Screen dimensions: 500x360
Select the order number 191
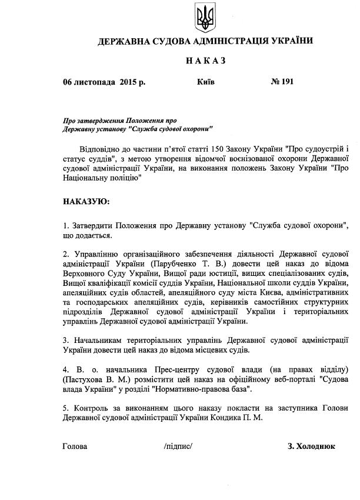point(286,82)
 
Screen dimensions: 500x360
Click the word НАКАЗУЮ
point(86,201)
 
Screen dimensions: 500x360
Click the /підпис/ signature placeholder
point(179,446)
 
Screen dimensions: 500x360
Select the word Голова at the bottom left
point(75,446)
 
